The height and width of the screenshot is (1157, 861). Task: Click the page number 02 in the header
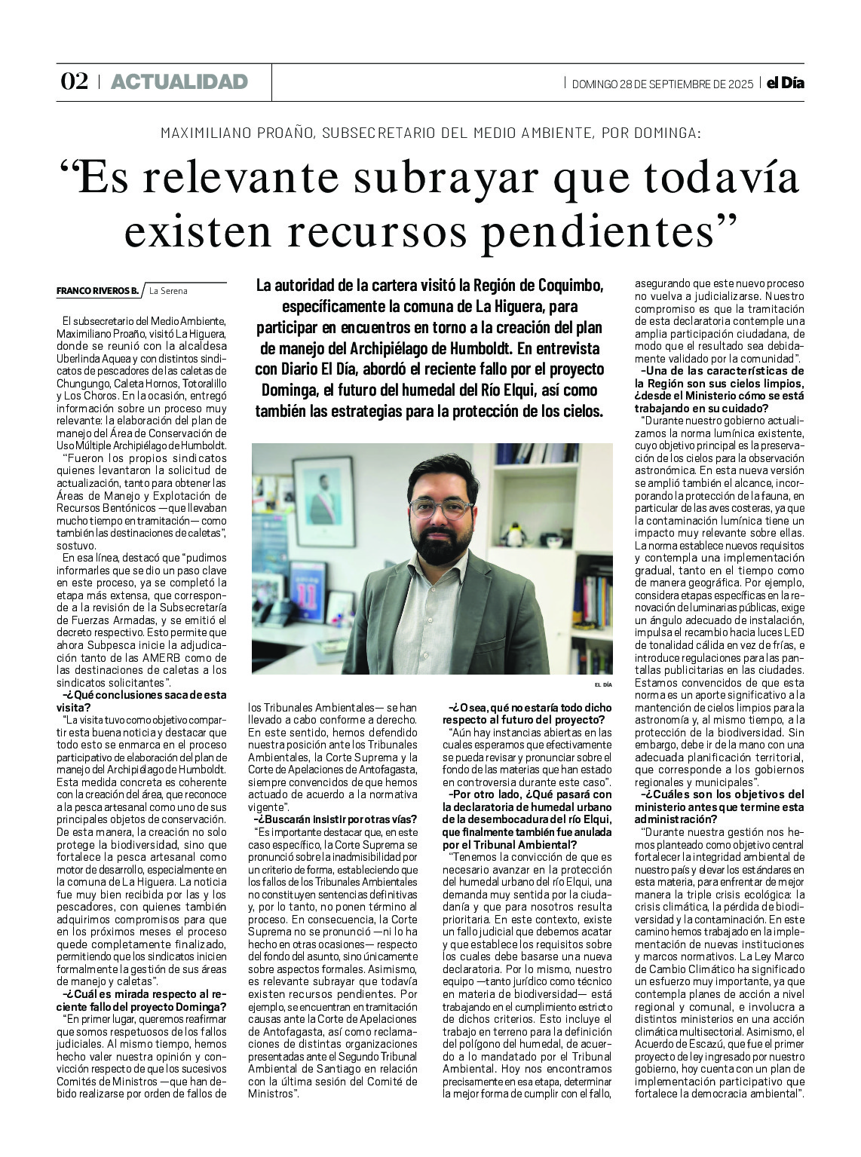tap(74, 81)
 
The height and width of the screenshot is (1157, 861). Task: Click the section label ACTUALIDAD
tap(179, 81)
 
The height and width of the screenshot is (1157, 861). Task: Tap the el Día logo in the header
tap(785, 83)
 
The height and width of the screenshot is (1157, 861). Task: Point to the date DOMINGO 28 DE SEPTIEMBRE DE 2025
tap(663, 84)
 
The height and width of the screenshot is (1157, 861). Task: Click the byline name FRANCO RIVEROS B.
tap(97, 290)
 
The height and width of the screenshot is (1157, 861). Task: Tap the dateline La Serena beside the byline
tap(168, 290)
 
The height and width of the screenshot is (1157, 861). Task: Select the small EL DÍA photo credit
tap(602, 684)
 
